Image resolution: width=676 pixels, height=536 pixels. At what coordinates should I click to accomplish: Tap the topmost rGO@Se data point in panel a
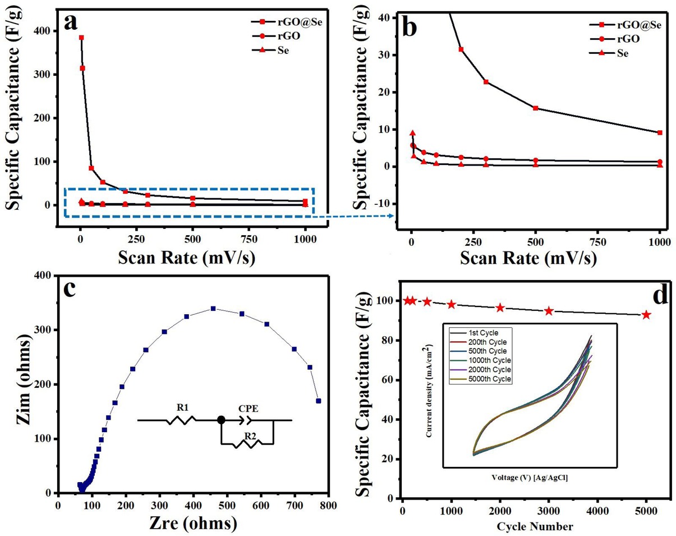[x=81, y=38]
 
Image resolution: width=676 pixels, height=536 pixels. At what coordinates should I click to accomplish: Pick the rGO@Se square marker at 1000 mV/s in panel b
[x=660, y=132]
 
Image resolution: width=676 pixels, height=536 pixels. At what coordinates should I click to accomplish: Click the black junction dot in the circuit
[x=222, y=419]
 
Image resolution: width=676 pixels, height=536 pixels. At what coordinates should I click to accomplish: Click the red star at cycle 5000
[x=646, y=315]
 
